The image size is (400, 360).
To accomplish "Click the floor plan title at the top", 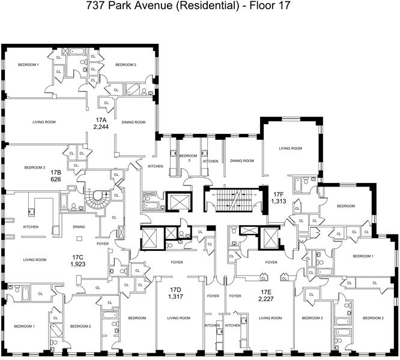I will point(199,8).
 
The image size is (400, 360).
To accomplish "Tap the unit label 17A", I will point(101,120).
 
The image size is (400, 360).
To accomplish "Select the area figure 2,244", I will point(101,127).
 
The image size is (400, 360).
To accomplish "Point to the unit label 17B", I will point(56,172).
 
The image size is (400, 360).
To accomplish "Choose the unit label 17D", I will point(175,289).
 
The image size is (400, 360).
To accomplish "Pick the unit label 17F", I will point(278,194).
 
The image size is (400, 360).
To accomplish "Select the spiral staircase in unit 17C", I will point(94,202).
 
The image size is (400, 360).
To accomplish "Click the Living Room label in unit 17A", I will point(44,122).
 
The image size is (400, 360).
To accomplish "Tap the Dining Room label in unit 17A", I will point(134,122).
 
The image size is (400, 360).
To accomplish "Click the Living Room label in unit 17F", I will point(291,148).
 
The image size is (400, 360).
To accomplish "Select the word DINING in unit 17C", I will point(79,227).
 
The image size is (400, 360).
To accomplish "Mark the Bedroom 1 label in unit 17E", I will point(363,256).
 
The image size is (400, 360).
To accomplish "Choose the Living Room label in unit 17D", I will point(178,318).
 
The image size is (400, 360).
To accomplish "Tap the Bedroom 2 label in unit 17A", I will point(126,65).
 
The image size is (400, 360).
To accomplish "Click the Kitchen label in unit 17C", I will point(31,227).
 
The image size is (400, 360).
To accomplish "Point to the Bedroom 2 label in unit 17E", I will point(372,318).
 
